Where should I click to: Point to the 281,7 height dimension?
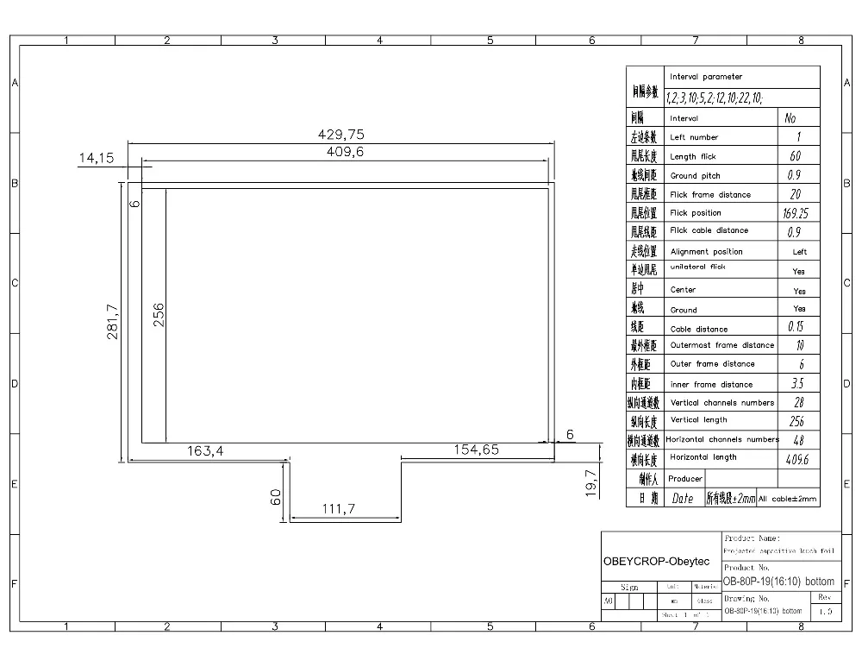112,321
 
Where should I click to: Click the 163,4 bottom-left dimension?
206,450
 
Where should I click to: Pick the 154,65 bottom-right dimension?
473,450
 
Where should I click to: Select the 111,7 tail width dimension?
339,509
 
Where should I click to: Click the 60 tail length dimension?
277,497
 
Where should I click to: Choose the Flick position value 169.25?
796,213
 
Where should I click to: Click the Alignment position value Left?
799,252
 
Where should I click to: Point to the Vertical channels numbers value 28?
798,403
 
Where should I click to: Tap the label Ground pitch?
696,176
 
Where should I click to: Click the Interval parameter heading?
706,77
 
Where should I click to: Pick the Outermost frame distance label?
722,345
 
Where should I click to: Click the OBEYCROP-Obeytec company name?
656,562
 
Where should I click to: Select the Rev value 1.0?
826,611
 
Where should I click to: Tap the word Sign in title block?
628,587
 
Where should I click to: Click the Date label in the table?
682,498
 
